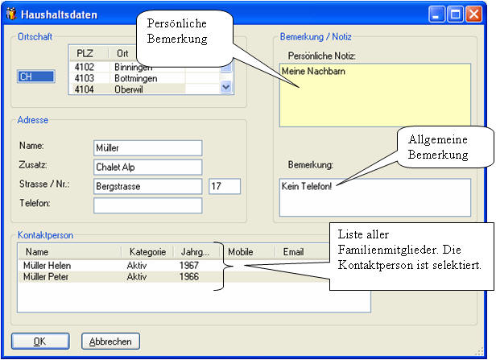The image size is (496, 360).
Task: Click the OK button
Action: pos(40,341)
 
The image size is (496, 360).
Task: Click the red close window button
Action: pos(473,14)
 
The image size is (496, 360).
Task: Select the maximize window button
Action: pos(455,14)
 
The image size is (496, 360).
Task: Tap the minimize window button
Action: pos(437,14)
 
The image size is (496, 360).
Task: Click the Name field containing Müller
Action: pos(147,148)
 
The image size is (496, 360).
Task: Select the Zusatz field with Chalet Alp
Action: pos(147,167)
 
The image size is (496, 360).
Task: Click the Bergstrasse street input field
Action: pos(147,186)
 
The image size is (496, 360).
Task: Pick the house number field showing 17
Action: pos(225,186)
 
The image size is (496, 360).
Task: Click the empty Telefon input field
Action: pos(147,205)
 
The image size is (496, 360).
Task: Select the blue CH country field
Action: pos(36,77)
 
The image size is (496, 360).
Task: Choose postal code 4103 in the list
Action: pos(84,78)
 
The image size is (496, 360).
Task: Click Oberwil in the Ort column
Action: pos(129,89)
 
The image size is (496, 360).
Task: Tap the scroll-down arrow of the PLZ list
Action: pos(225,87)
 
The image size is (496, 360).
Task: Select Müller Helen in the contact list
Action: pos(48,266)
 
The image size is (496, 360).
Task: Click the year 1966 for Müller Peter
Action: pos(189,276)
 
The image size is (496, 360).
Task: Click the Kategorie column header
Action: pos(147,252)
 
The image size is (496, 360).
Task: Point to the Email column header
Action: pos(293,252)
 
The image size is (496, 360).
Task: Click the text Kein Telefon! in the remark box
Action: pos(307,186)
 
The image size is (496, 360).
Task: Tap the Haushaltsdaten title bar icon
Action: pos(12,14)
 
